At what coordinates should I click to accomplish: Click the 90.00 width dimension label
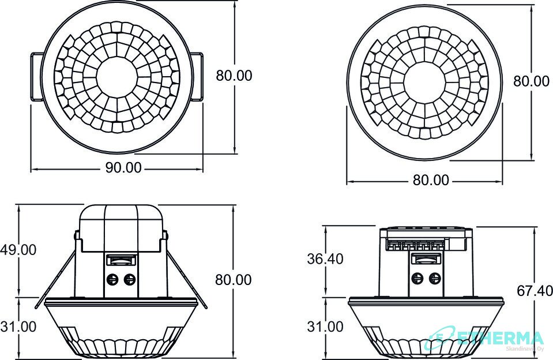pos(123,168)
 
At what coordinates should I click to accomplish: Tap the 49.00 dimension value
pos(18,250)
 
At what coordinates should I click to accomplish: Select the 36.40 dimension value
pos(325,259)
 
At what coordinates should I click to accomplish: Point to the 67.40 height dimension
pos(535,291)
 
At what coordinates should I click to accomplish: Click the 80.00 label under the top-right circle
pos(431,181)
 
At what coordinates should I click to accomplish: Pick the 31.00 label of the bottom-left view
pos(18,327)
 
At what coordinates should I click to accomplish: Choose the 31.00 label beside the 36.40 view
pos(325,327)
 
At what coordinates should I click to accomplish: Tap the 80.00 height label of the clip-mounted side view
pos(234,280)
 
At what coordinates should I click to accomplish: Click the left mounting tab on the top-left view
pos(37,77)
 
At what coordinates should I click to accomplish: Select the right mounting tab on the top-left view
pos(197,77)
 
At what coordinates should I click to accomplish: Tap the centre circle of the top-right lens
pos(424,83)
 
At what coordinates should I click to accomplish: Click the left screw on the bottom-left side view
pos(112,279)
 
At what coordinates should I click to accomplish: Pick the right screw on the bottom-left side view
pos(130,279)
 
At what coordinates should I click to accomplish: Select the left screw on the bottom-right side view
pos(418,278)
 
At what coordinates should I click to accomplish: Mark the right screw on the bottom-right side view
pos(435,278)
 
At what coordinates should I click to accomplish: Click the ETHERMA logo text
pos(500,338)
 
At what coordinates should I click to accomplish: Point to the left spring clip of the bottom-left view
pos(56,279)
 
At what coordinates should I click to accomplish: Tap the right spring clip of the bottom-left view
pos(186,279)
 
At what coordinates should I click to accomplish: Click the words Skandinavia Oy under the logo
pos(525,349)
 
